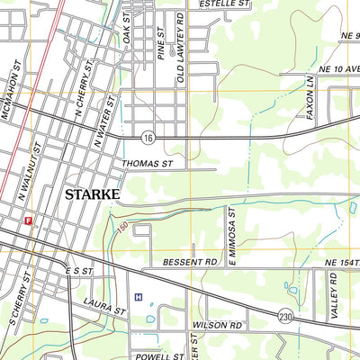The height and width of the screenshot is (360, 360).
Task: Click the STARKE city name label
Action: point(93,193)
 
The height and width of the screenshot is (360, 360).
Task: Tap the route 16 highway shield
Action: point(148,137)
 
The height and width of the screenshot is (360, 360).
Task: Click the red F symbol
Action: point(29,220)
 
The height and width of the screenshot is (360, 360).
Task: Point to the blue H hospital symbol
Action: point(138,296)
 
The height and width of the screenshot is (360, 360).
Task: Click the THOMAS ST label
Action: point(147,164)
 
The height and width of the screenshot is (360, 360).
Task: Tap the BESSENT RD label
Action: point(192,263)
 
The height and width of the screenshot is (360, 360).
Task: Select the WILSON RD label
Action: point(218,324)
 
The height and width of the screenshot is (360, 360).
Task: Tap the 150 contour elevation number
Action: point(121,229)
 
